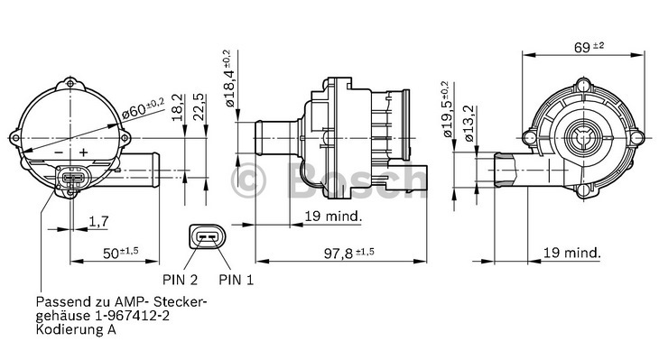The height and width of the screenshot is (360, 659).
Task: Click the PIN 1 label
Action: point(237,280)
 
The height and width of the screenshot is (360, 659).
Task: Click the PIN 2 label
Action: point(180,280)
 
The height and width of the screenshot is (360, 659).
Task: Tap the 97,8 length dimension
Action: point(348,253)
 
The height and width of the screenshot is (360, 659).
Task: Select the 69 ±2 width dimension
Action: point(589,47)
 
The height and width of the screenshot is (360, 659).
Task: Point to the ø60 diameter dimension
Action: point(143,107)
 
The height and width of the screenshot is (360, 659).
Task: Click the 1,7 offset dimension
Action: point(98,221)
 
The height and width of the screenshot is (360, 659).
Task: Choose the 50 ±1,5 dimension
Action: point(121,253)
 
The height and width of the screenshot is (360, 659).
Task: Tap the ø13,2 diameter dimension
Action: point(469,123)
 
